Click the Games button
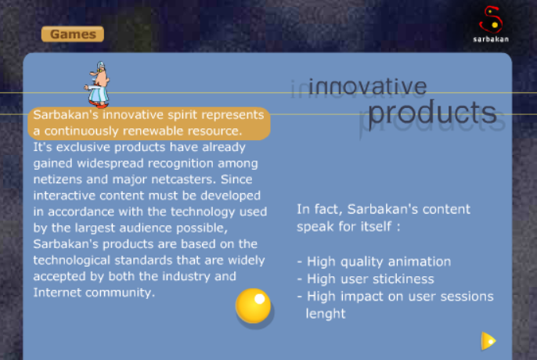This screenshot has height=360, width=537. click(x=73, y=34)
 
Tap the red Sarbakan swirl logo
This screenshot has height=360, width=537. click(x=491, y=20)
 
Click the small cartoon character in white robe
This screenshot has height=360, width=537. click(x=98, y=85)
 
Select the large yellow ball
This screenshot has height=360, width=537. click(x=253, y=306)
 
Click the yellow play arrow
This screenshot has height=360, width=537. click(x=488, y=340)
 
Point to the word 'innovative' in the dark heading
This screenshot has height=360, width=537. click(x=367, y=87)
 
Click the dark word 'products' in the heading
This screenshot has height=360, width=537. click(x=432, y=113)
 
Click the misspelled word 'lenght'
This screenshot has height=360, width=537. click(x=326, y=314)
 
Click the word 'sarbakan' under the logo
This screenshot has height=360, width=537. click(x=491, y=39)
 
